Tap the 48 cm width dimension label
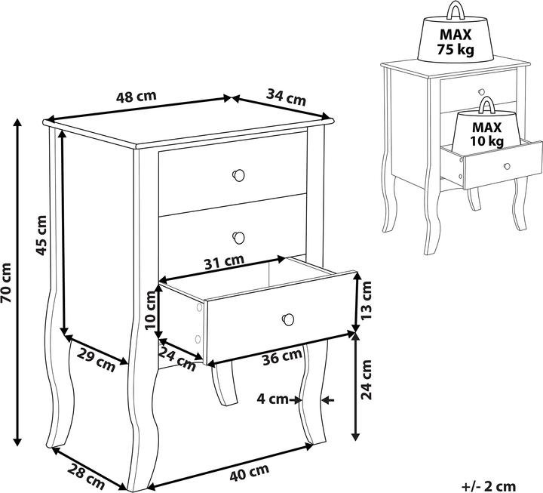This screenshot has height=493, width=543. tap(136, 97)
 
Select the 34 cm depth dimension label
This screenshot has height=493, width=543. tap(287, 97)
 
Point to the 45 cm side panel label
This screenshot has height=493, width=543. tap(41, 236)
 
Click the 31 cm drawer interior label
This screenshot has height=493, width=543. tap(225, 262)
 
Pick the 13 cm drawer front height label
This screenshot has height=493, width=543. tap(366, 300)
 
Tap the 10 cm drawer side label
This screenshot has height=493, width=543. tap(152, 310)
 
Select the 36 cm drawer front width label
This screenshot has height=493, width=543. tap(282, 356)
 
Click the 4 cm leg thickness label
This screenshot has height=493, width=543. tap(272, 399)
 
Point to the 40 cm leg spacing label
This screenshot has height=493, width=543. tap(250, 472)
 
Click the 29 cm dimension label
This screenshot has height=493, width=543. tap(96, 360)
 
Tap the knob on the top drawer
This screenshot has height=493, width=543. tap(238, 175)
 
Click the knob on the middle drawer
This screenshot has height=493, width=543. tap(238, 238)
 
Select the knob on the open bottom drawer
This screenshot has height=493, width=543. tap(288, 319)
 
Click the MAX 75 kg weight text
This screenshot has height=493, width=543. tap(456, 42)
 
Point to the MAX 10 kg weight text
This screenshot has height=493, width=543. tap(487, 134)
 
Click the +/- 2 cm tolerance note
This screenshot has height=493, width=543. tap(489, 486)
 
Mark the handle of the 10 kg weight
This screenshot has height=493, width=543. tap(487, 106)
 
